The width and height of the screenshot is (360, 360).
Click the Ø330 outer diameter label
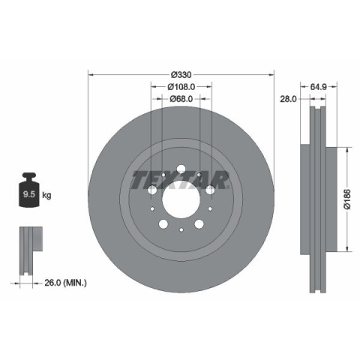tap(181, 74)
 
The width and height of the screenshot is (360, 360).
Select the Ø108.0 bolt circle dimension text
tap(181, 87)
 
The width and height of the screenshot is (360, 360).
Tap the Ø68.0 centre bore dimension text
tap(181, 99)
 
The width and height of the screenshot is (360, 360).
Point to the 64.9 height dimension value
tap(319, 87)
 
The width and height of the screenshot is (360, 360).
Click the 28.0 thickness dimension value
tap(288, 99)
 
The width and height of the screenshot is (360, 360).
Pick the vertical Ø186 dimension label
tap(347, 199)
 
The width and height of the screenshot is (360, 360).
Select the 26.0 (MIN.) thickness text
tap(65, 283)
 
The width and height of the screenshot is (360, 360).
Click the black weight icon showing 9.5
tap(29, 190)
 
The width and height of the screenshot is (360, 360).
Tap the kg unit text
tap(46, 195)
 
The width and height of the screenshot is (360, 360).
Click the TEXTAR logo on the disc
tap(180, 180)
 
